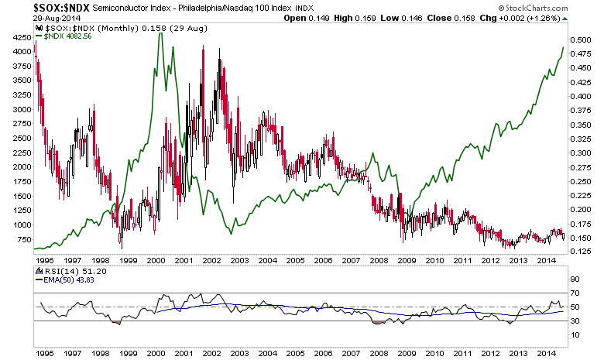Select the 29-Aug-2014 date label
click(24, 19)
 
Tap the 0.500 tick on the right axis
click(582, 39)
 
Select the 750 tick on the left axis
click(22, 238)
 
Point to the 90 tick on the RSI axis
click(577, 279)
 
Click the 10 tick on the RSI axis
click(577, 334)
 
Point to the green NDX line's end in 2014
click(563, 47)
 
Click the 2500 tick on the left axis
click(19, 138)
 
